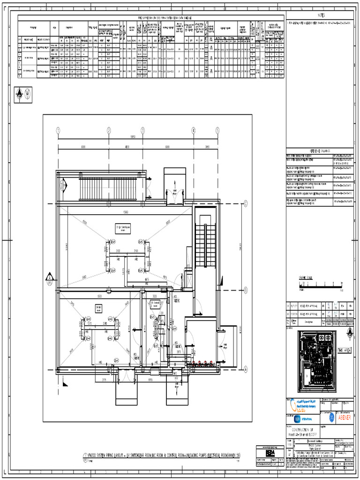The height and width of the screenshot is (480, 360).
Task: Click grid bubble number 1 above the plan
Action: (59, 130)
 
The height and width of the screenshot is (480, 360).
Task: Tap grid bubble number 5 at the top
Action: (217, 130)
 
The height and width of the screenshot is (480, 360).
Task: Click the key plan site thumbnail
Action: (317, 360)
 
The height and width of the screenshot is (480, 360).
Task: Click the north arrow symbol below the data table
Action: (19, 94)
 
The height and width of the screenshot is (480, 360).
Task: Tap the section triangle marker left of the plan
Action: (49, 277)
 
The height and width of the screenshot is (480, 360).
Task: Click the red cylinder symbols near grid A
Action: (202, 362)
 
